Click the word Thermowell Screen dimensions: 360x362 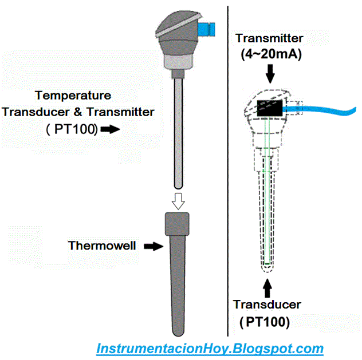(102, 246)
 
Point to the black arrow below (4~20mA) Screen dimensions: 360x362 (271, 73)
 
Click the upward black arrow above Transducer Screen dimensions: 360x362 (267, 285)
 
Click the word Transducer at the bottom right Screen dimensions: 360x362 (267, 304)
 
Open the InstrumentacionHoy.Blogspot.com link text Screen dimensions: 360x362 (210, 348)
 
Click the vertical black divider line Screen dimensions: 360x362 (229, 172)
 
